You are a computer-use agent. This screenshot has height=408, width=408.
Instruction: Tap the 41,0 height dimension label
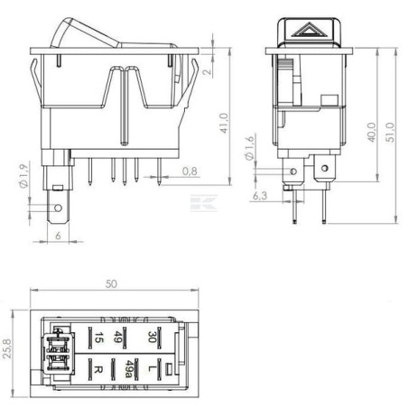(x=224, y=123)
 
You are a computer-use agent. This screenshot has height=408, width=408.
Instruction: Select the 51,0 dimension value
(x=391, y=133)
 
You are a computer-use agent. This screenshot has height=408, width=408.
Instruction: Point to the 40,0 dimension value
(x=372, y=133)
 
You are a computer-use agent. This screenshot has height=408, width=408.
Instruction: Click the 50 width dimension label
(x=111, y=283)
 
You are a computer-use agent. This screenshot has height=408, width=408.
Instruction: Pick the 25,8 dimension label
(x=6, y=348)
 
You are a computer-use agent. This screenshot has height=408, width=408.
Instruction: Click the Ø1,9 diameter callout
(x=23, y=175)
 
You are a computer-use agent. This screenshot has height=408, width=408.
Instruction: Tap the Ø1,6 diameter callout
(x=249, y=147)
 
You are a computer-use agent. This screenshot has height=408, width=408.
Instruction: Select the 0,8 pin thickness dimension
(x=190, y=171)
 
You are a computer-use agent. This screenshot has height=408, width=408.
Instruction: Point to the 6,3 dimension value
(x=260, y=196)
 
